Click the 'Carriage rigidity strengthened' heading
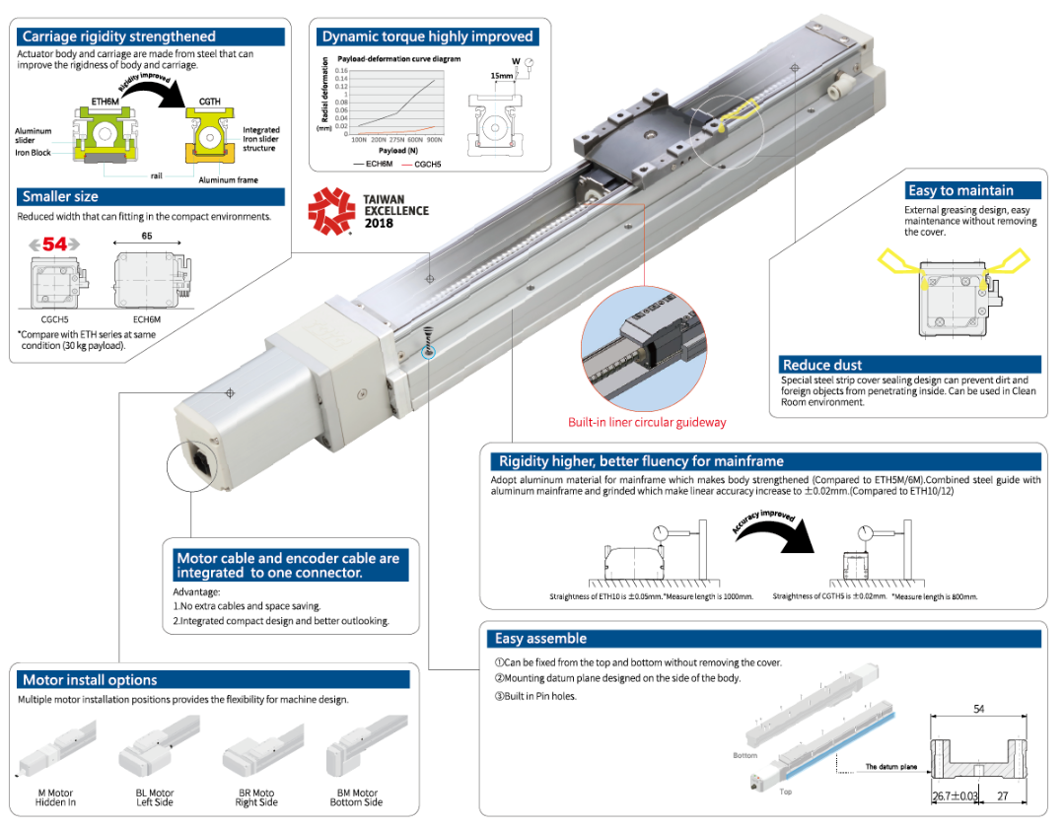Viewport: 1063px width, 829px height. click(118, 36)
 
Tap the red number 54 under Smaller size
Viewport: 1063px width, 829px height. click(54, 242)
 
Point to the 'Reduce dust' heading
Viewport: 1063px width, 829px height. click(821, 365)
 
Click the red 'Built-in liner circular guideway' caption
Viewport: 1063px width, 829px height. click(646, 422)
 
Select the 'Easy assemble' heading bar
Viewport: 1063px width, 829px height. click(540, 638)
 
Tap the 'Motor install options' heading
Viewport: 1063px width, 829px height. click(90, 679)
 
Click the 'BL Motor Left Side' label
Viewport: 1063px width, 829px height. click(155, 797)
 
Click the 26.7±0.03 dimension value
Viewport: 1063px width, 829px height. click(954, 795)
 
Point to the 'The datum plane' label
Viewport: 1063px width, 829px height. click(890, 766)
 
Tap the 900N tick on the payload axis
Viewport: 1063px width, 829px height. click(434, 140)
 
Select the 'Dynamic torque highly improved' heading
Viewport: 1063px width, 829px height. click(427, 36)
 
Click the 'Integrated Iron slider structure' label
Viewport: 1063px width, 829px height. click(260, 139)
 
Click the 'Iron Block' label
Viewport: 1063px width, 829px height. click(34, 153)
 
